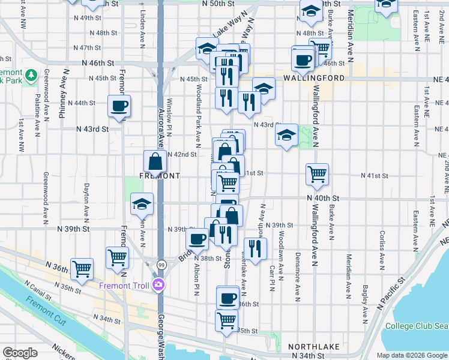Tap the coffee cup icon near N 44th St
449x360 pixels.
coord(119,106)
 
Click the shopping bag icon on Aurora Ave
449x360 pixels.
coord(155,161)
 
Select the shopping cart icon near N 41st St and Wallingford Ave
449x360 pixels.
coord(317,174)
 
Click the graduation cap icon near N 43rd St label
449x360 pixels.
coord(287,136)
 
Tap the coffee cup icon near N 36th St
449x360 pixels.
coord(228,296)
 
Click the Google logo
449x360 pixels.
coord(20,353)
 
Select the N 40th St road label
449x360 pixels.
coord(323,198)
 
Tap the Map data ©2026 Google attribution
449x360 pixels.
coord(411,355)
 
